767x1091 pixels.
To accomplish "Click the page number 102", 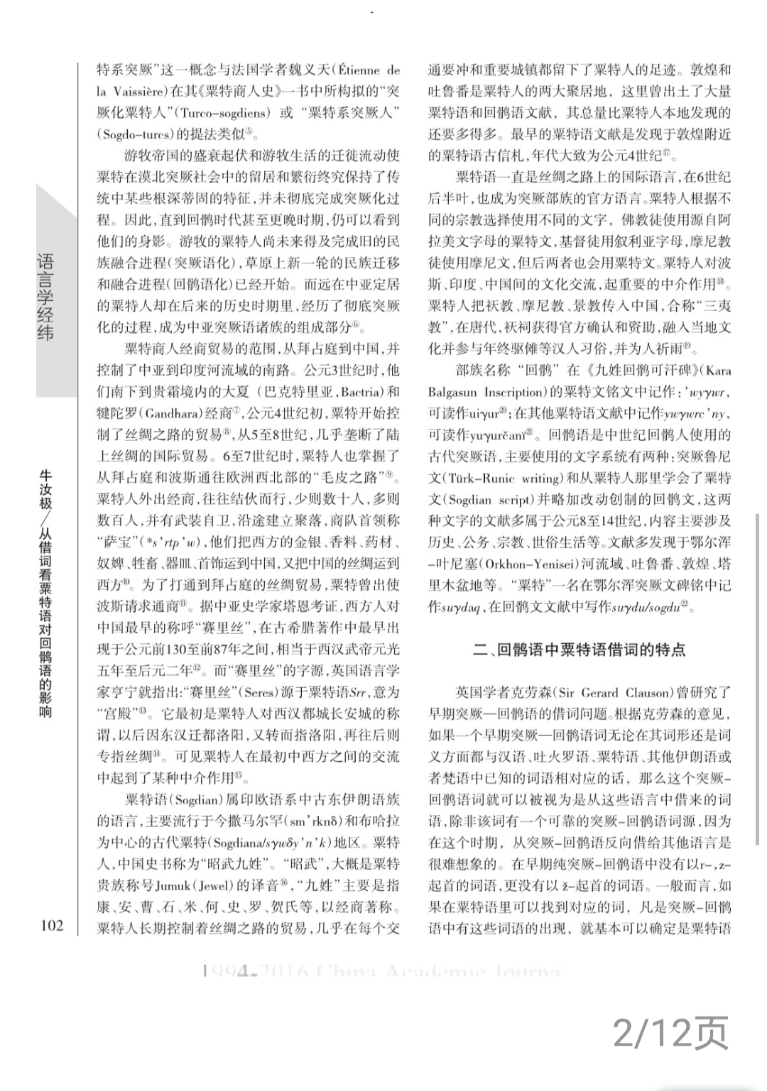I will click(x=52, y=925).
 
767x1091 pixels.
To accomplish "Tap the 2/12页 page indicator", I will click(x=671, y=1034).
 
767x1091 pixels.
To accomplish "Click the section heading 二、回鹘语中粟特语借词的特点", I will click(x=580, y=649).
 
